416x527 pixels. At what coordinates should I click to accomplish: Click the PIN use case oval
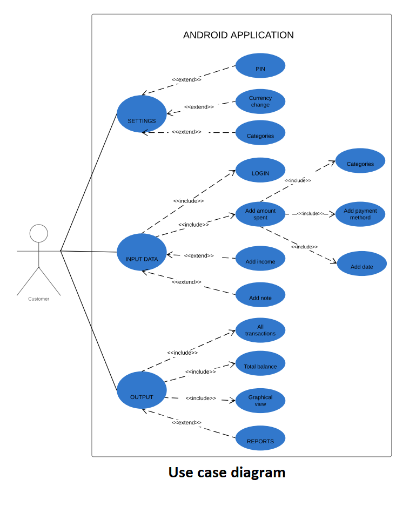pyautogui.click(x=260, y=66)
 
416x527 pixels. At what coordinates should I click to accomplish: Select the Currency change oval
pyautogui.click(x=260, y=102)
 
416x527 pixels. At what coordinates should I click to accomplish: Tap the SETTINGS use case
pyautogui.click(x=142, y=114)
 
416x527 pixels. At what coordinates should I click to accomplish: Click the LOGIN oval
pyautogui.click(x=260, y=171)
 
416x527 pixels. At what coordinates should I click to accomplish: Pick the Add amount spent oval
pyautogui.click(x=260, y=214)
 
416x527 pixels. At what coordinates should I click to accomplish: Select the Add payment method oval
pyautogui.click(x=360, y=214)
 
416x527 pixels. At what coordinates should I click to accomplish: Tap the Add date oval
pyautogui.click(x=362, y=263)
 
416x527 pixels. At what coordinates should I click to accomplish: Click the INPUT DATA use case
pyautogui.click(x=142, y=252)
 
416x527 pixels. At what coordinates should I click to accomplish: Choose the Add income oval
pyautogui.click(x=260, y=259)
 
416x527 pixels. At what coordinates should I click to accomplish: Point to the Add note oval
pyautogui.click(x=260, y=295)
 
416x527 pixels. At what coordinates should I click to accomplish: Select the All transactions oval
pyautogui.click(x=260, y=330)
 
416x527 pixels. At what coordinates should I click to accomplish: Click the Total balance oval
pyautogui.click(x=260, y=363)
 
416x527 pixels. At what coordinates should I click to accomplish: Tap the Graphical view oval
pyautogui.click(x=260, y=401)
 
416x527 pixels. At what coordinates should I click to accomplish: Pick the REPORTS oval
pyautogui.click(x=260, y=438)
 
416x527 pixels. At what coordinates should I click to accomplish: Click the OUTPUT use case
pyautogui.click(x=142, y=390)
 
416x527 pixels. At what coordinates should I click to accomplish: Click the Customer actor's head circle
pyautogui.click(x=39, y=233)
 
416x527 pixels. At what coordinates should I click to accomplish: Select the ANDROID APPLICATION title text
pyautogui.click(x=238, y=35)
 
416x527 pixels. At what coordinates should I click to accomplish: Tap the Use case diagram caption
pyautogui.click(x=227, y=472)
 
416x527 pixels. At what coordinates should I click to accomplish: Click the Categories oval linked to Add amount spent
pyautogui.click(x=360, y=161)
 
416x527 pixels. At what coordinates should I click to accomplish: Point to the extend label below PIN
pyautogui.click(x=186, y=80)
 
